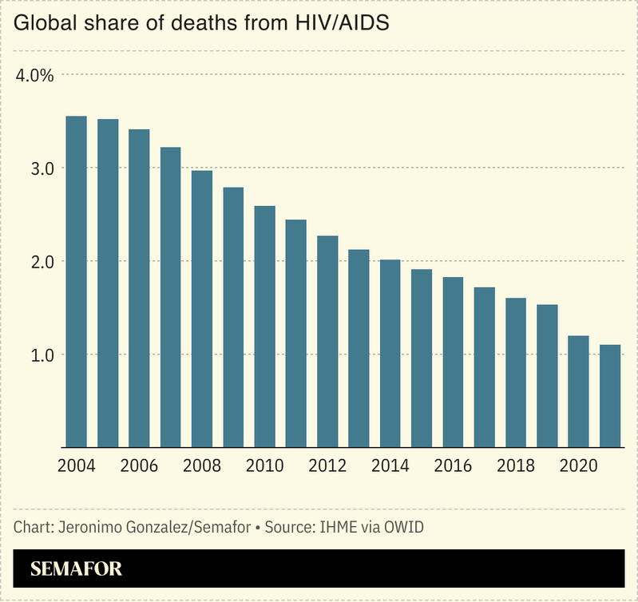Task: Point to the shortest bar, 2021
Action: tap(610, 396)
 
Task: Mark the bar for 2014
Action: tap(390, 353)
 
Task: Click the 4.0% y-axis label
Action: tap(34, 76)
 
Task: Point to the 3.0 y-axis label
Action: tap(42, 168)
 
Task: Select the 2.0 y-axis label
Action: tap(42, 262)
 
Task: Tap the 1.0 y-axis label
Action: tap(42, 354)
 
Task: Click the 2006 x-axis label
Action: tap(139, 466)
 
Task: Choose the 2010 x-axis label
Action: tap(264, 466)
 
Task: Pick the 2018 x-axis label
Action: tap(516, 466)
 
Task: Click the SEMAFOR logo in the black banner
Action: tap(76, 570)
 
